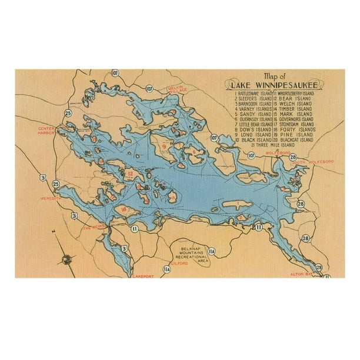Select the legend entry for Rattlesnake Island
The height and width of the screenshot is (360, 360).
coord(254,94)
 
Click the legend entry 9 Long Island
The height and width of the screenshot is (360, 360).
coord(253,135)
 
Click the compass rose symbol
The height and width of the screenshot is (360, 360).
coord(66,257)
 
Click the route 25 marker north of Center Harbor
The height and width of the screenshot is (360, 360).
coord(69,113)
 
